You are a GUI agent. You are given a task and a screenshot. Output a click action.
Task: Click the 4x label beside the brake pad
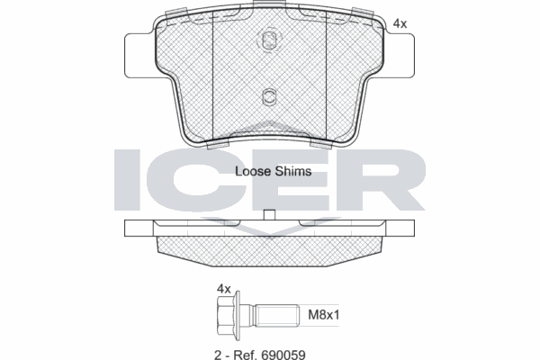tap(400, 23)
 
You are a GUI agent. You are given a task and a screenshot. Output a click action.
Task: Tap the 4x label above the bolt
tap(224, 289)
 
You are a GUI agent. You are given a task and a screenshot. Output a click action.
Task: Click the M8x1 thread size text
tap(323, 314)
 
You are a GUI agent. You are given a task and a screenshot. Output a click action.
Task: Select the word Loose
tap(252, 171)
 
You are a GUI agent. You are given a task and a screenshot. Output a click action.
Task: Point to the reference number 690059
tap(283, 355)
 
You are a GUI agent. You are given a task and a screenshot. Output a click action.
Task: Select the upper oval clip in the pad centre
tap(269, 40)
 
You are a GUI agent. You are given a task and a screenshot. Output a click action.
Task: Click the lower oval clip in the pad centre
tap(269, 96)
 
